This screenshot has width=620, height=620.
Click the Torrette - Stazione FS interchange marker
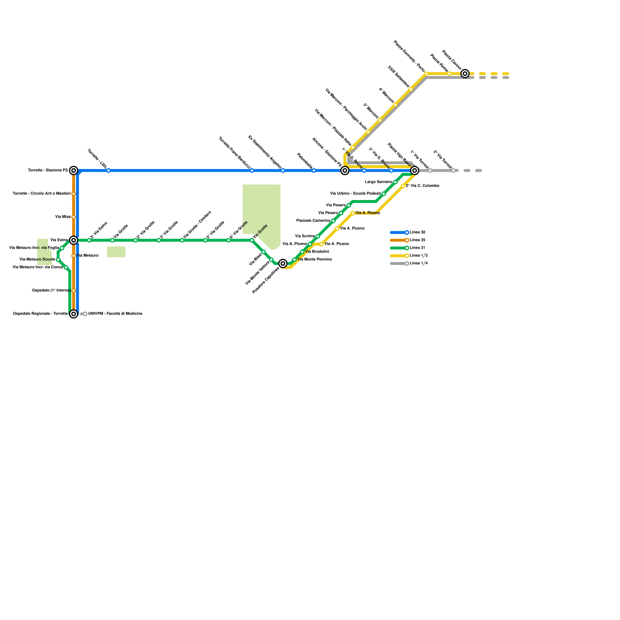coord(74,170)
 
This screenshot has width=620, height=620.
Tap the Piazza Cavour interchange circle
coord(465,74)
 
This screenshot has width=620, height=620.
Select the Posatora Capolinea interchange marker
coord(283,263)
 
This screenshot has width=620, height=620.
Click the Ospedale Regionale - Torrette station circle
coord(74,314)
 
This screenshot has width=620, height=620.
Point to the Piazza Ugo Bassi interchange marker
coord(415,170)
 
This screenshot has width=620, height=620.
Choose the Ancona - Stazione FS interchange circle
coord(345,170)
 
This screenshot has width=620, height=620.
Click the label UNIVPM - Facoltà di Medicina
coord(115,314)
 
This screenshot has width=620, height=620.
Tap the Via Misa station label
coord(63,217)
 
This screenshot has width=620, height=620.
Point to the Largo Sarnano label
coord(379,182)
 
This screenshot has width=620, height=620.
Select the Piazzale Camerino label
coord(313,221)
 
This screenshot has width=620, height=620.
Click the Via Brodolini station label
coord(317,252)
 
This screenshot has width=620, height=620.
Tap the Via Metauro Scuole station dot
coord(58,260)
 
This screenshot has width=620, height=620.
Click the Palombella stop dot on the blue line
coord(314,170)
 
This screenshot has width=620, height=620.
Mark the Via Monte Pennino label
coord(315,260)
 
